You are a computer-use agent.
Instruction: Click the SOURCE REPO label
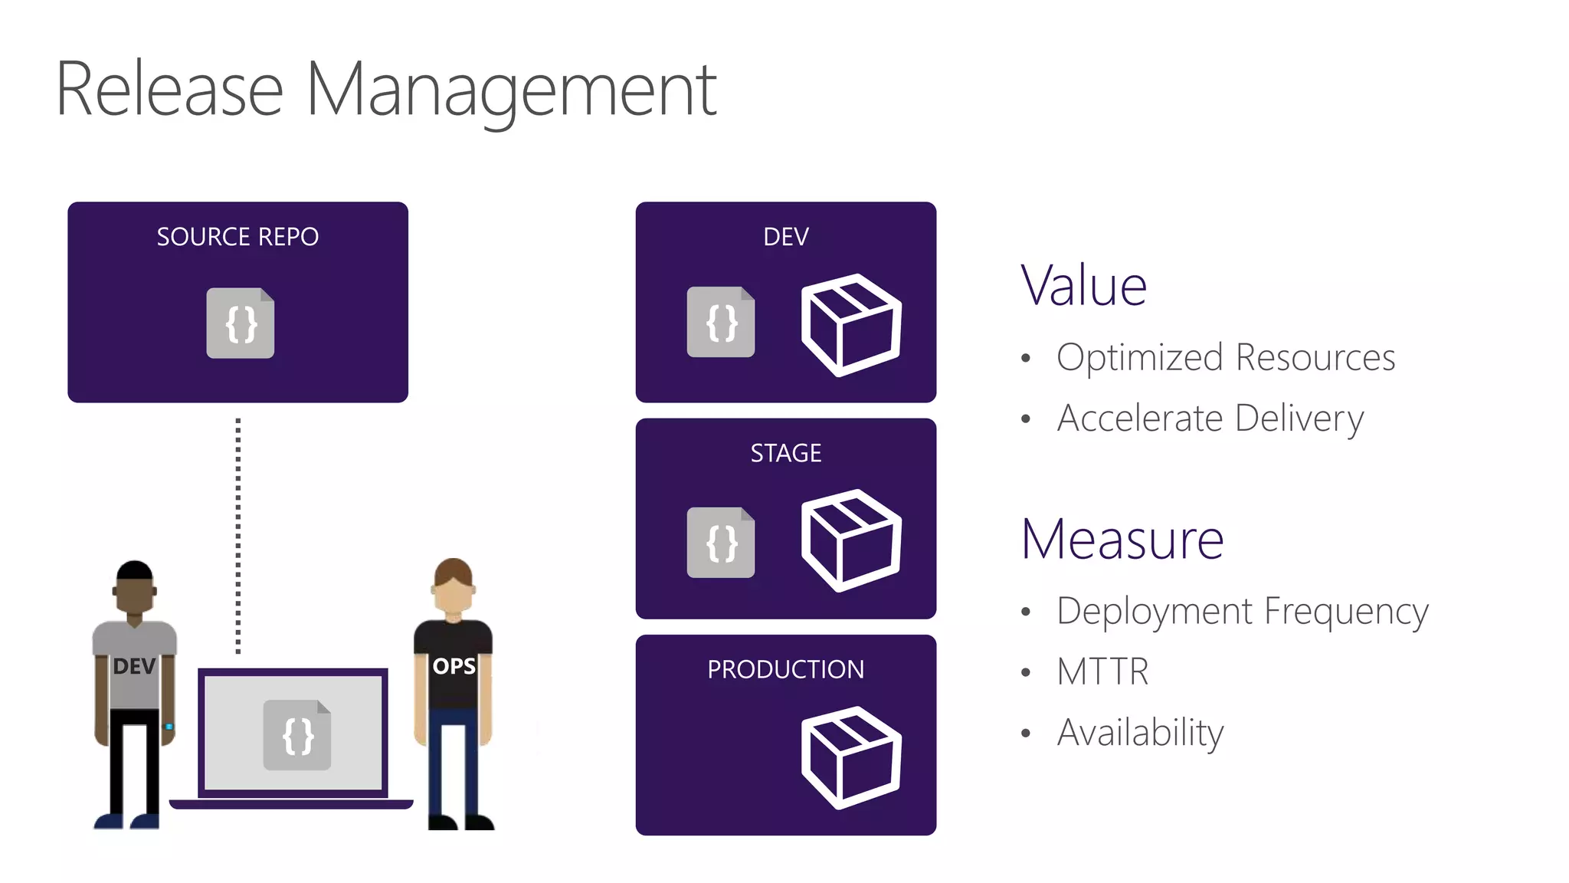(x=237, y=237)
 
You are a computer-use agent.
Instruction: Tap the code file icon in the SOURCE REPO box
(x=240, y=323)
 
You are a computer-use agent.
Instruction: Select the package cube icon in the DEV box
(x=850, y=324)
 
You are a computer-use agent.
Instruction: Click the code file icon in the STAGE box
(x=721, y=542)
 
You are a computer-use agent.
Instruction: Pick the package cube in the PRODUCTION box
(x=850, y=757)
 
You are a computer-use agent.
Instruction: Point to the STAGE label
(x=786, y=453)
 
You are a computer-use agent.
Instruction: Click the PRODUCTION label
(x=785, y=669)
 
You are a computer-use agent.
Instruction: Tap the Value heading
(x=1083, y=286)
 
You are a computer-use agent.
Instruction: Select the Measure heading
(x=1122, y=540)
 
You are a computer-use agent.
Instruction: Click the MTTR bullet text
(x=1102, y=671)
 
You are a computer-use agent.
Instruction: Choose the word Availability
(x=1140, y=733)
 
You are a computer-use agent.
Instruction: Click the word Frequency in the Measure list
(x=1346, y=612)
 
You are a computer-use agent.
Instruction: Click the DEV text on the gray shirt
(x=134, y=666)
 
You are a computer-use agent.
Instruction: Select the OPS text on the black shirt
(x=454, y=666)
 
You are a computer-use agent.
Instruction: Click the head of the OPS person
(x=453, y=586)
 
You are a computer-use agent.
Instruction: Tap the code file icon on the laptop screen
(x=297, y=735)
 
